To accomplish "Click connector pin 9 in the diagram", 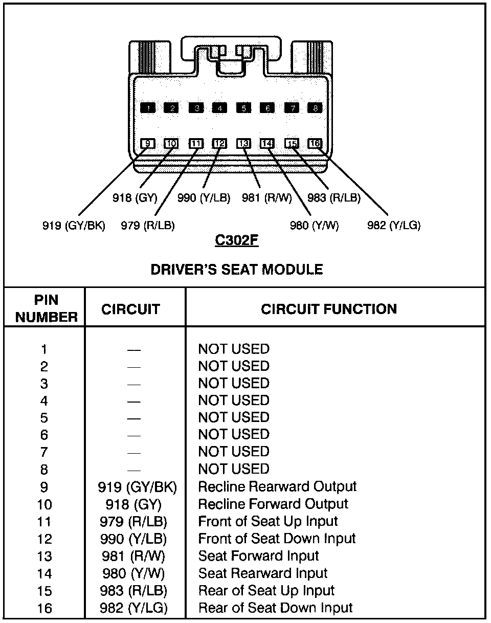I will coord(148,144).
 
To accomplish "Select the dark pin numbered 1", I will coord(148,107).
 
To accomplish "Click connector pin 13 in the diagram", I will coord(243,144).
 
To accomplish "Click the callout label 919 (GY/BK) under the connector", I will coord(74,225).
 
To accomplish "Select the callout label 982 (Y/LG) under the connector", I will coord(394,225).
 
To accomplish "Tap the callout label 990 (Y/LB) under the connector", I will coord(204,198).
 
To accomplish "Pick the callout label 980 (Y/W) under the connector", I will coord(314,225).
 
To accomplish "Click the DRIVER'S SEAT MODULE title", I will coord(236,270).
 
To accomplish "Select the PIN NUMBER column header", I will coord(46,308).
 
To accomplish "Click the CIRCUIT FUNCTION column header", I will coord(328,309).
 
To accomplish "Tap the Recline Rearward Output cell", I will coord(277,486).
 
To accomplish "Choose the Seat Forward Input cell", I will coord(258,556).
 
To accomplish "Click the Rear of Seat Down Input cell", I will coord(275,608).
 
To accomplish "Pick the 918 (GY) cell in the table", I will coord(133,505).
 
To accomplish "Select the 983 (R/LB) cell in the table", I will coord(134,590).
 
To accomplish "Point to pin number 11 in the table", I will coord(44,522).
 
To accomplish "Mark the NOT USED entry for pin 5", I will coord(234,417).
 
